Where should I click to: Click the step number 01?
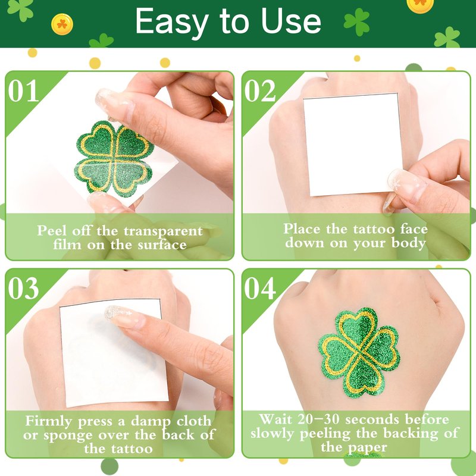23,90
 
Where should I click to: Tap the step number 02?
260,90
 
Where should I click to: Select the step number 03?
23,288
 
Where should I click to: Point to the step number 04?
260,288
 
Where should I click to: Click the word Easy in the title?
172,22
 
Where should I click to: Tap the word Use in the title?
291,21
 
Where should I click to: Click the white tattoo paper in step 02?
352,145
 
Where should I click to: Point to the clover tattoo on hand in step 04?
359,353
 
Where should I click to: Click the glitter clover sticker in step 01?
114,158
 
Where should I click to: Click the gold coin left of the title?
62,24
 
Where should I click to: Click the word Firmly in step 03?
49,421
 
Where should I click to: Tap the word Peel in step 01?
52,231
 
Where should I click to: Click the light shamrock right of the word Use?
356,22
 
